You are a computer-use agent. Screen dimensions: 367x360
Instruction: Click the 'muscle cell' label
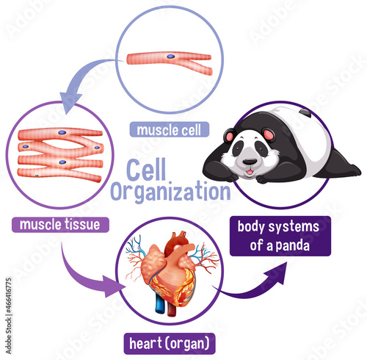[x=170, y=129]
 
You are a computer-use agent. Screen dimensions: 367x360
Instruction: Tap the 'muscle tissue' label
[x=60, y=225]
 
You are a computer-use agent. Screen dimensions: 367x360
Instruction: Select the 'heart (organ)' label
[x=170, y=343]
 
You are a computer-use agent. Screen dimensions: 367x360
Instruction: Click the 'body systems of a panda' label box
[x=280, y=236]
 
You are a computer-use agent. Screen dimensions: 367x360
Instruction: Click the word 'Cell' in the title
[x=146, y=170]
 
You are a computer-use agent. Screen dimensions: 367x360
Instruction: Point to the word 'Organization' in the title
[x=170, y=192]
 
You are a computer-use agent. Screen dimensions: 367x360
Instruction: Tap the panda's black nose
[x=250, y=162]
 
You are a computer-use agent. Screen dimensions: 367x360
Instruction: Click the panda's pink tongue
[x=250, y=173]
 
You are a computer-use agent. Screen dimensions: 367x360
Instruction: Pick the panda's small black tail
[x=305, y=113]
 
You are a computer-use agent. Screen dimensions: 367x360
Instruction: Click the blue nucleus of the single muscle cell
[x=171, y=57]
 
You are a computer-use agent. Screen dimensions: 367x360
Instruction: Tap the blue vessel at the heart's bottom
[x=160, y=303]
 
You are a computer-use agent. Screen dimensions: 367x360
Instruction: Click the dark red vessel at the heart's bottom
[x=171, y=308]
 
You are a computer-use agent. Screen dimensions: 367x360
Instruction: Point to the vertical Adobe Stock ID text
[x=9, y=316]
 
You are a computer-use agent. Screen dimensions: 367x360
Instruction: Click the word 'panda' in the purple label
[x=293, y=245]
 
